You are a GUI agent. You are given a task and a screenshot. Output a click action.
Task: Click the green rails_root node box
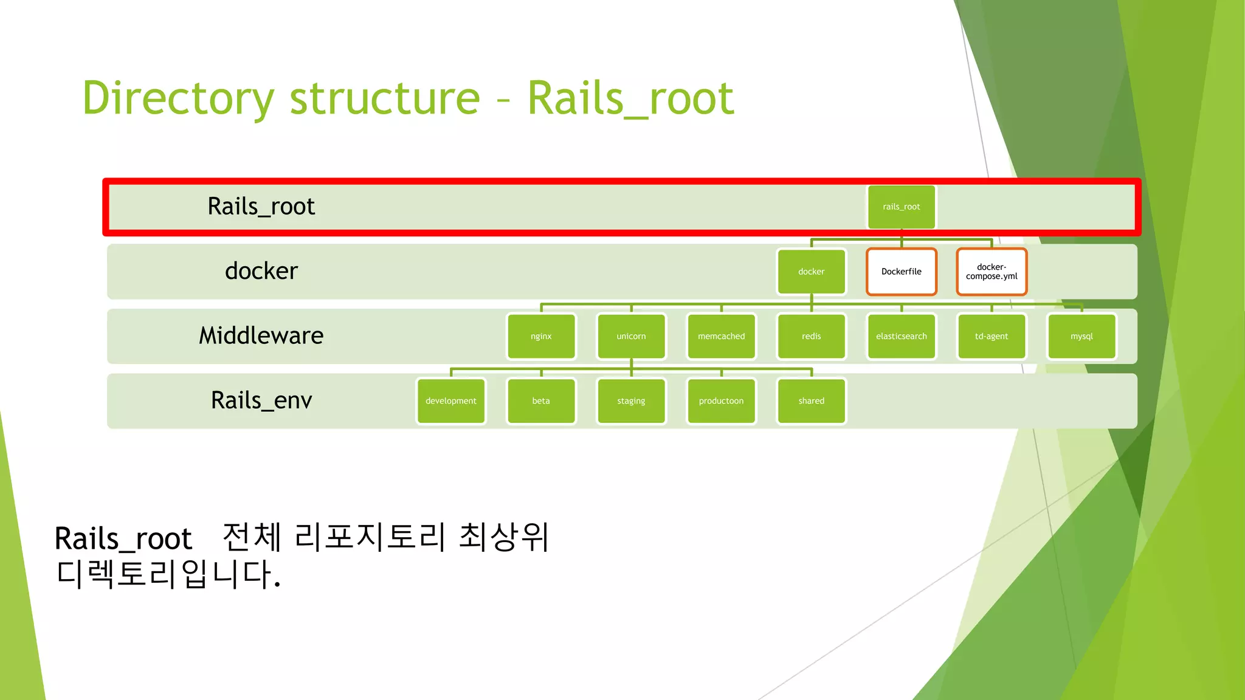coord(901,207)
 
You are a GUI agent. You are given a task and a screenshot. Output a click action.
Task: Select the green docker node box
coord(811,272)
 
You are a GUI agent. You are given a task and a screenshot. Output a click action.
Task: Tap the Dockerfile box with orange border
coord(901,272)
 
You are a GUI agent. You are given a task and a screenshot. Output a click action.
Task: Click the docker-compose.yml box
coord(991,272)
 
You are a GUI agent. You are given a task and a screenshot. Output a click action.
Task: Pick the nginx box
coord(541,336)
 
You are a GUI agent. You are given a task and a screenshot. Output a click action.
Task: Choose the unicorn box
coord(631,336)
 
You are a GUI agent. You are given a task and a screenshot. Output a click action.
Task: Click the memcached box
coord(721,336)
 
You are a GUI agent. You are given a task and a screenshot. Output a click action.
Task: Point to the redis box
coord(811,336)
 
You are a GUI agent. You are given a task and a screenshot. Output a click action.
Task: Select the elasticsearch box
coord(901,336)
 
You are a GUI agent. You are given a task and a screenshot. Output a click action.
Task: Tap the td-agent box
coord(991,336)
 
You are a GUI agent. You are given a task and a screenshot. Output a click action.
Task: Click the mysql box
coord(1081,336)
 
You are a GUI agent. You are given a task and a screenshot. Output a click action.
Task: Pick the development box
coord(451,401)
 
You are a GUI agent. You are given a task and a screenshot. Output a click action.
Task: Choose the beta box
coord(541,401)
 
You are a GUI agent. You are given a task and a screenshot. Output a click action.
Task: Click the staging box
coord(631,401)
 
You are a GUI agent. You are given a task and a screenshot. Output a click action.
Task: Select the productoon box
coord(721,401)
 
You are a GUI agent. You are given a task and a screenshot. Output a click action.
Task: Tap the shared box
coord(811,401)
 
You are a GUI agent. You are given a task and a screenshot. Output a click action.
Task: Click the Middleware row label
coord(261,335)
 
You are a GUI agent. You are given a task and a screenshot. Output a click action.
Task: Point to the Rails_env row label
coord(261,400)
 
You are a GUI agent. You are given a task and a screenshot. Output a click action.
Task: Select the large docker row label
coord(261,271)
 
